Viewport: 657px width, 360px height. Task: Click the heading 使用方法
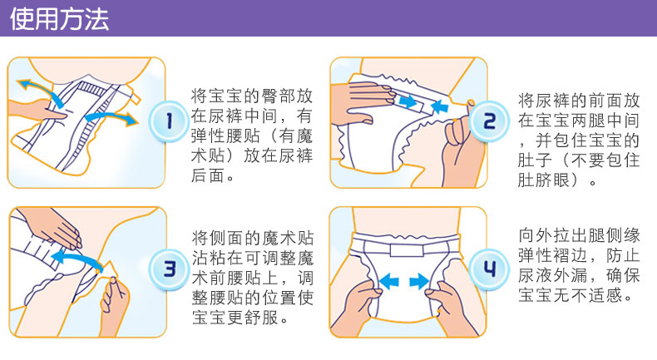pos(60,19)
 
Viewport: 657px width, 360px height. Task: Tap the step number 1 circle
pos(169,121)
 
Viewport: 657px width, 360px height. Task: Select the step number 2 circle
pos(489,121)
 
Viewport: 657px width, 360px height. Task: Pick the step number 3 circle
pos(169,269)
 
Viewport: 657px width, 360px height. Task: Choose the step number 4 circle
pos(489,269)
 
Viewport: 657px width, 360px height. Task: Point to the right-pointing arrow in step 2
pos(408,101)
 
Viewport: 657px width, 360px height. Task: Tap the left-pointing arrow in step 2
pos(439,106)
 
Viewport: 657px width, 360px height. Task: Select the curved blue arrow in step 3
pos(77,256)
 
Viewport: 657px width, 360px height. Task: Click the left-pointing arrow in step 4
pos(389,281)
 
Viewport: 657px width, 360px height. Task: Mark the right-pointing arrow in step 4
pos(419,281)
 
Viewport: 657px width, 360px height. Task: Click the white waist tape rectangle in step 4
pos(407,249)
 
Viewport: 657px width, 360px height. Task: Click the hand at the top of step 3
pos(50,226)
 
